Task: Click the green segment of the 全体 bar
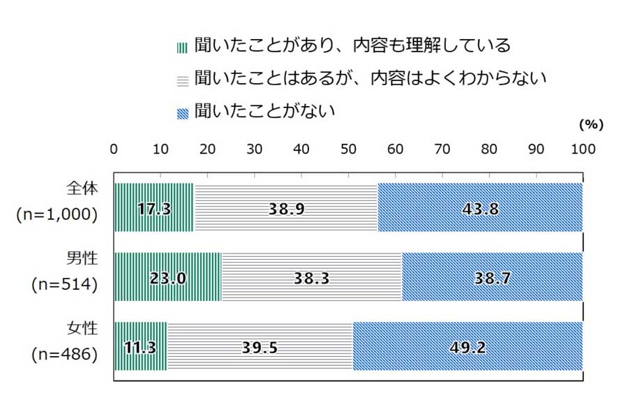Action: (154, 207)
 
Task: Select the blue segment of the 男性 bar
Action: (492, 277)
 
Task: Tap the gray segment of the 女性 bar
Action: (260, 346)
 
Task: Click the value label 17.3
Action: (154, 207)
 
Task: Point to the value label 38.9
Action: (286, 207)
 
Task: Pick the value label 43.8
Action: (480, 207)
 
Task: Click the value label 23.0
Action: (167, 277)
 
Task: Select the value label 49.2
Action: (468, 347)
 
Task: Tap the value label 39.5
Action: (260, 347)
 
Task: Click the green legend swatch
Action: (183, 47)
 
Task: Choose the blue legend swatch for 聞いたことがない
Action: (183, 112)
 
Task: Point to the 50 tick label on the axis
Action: (348, 149)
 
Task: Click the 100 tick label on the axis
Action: (583, 149)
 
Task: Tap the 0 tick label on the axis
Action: (114, 149)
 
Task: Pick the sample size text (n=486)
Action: (64, 355)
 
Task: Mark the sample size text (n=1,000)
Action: (57, 215)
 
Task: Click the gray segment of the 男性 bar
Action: (311, 277)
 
